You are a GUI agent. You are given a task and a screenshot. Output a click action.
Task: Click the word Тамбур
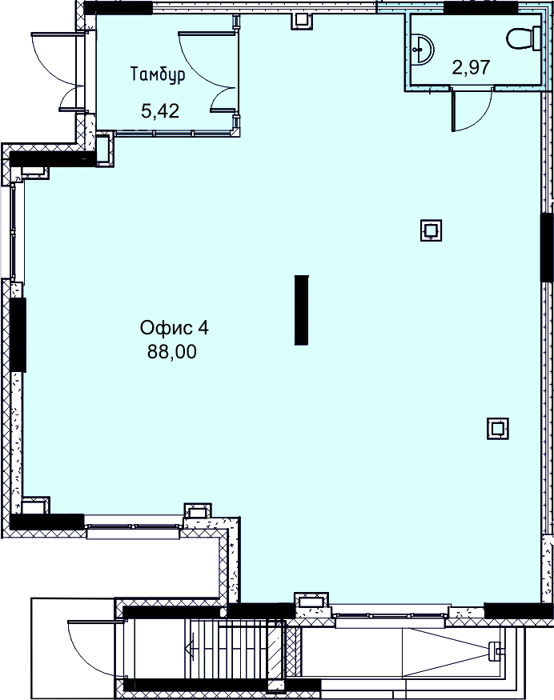pyautogui.click(x=158, y=74)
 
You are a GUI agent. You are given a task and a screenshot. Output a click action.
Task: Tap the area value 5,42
pyautogui.click(x=160, y=110)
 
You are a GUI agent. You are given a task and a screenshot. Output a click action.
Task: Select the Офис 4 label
pyautogui.click(x=175, y=328)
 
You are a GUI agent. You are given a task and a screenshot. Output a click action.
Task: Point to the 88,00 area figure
pyautogui.click(x=172, y=352)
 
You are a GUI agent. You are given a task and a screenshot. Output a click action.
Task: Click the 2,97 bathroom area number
pyautogui.click(x=472, y=68)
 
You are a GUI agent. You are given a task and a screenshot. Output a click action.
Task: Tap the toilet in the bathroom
pyautogui.click(x=524, y=38)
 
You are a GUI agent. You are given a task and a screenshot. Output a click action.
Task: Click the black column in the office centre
pyautogui.click(x=301, y=310)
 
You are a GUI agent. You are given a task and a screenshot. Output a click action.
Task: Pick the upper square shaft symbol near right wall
pyautogui.click(x=432, y=230)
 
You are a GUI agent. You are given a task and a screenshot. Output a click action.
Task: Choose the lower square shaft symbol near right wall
pyautogui.click(x=497, y=429)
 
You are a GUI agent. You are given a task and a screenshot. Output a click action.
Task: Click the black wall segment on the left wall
pyautogui.click(x=18, y=335)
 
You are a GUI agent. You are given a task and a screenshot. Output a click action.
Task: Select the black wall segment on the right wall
pyautogui.click(x=547, y=247)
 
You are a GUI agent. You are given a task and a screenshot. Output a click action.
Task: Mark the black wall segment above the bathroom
pyautogui.click(x=480, y=7)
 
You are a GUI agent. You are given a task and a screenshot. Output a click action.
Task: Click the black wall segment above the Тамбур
pyautogui.click(x=118, y=7)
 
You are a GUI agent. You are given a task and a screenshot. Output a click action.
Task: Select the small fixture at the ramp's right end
pyautogui.click(x=495, y=650)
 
